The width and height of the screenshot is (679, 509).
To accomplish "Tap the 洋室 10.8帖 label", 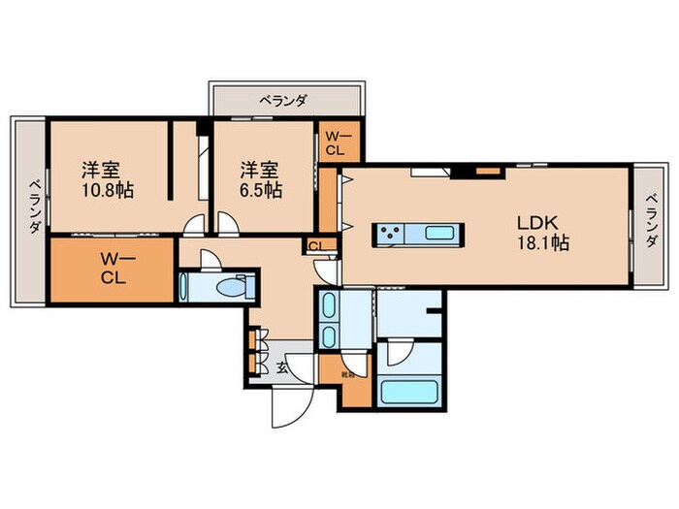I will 107,178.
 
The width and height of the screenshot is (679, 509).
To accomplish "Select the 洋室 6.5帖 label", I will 260,178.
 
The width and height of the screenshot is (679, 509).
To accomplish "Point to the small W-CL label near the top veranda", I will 336,143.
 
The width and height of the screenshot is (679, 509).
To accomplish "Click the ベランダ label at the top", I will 288,98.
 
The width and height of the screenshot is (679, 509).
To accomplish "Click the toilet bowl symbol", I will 230,288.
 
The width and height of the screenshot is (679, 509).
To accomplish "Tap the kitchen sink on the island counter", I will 439,233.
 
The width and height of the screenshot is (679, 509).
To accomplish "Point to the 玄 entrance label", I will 280,366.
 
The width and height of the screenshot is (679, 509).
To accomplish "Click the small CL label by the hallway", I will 315,245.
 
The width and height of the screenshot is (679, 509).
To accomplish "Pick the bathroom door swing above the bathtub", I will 398,353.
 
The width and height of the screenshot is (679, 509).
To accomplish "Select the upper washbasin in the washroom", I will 328,308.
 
